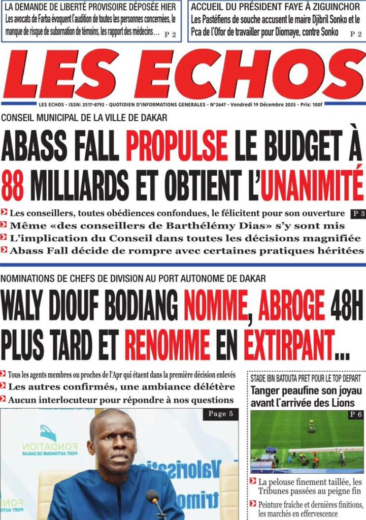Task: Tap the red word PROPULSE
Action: (x=177, y=146)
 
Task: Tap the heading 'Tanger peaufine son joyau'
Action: (x=306, y=391)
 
